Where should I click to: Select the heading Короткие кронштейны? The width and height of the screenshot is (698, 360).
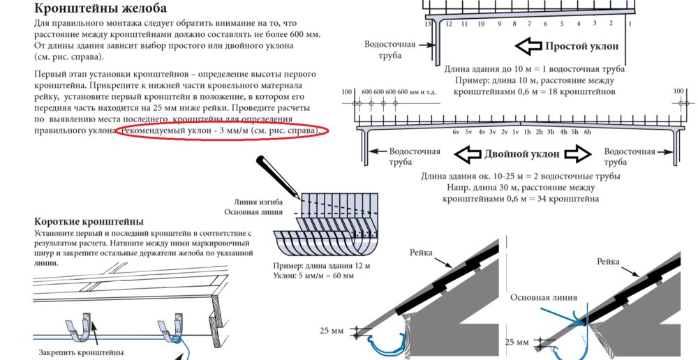pyautogui.click(x=89, y=222)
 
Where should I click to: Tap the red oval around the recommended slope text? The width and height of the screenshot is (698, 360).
pyautogui.click(x=221, y=131)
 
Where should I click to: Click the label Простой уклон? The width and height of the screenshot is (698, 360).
pyautogui.click(x=581, y=47)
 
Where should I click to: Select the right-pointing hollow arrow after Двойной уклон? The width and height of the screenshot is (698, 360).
pyautogui.click(x=577, y=153)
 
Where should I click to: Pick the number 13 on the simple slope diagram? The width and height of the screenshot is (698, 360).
pyautogui.click(x=428, y=24)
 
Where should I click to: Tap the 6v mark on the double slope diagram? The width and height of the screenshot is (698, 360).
pyautogui.click(x=456, y=132)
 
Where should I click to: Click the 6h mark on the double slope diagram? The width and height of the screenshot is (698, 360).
pyautogui.click(x=588, y=132)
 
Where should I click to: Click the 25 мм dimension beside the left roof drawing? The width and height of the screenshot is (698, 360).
pyautogui.click(x=332, y=331)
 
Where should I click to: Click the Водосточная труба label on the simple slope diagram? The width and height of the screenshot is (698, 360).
pyautogui.click(x=389, y=50)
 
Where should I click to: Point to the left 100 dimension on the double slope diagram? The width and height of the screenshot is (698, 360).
pyautogui.click(x=347, y=92)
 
